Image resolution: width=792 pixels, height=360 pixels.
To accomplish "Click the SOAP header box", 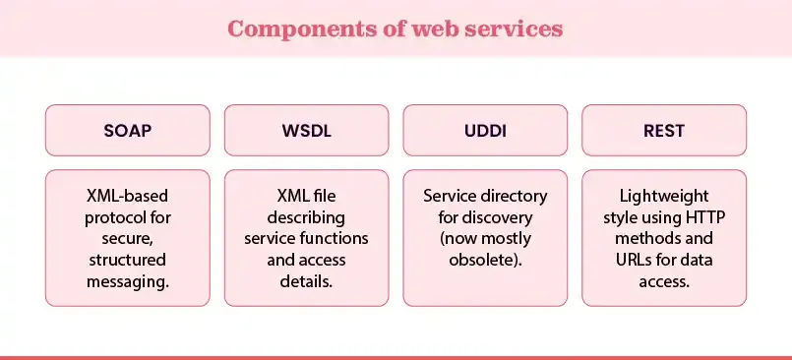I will click(128, 130).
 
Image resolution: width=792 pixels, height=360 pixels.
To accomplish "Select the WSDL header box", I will click(307, 130).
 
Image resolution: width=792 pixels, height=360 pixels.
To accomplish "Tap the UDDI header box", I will click(485, 130).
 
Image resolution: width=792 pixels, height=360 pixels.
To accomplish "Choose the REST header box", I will click(664, 130).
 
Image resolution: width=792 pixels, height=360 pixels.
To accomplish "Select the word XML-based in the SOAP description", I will click(128, 196).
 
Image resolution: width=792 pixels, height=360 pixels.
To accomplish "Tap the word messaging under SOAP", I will click(128, 281).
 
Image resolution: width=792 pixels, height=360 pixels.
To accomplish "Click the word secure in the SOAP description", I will click(128, 239).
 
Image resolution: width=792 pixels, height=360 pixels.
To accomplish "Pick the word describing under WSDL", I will click(307, 217).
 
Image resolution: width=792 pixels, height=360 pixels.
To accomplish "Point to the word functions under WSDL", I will click(335, 239).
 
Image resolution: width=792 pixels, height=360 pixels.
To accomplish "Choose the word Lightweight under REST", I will click(664, 196).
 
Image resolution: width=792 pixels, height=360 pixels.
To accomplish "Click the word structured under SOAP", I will click(128, 261).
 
